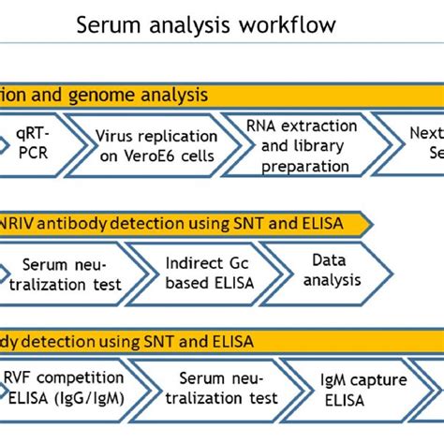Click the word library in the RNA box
tap(328, 146)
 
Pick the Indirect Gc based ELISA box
tap(192, 273)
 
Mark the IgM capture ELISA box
tap(375, 388)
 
